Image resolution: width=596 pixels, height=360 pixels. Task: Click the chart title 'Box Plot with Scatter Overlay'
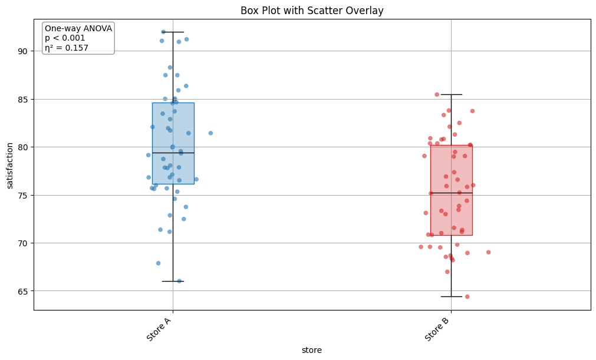pyautogui.click(x=312, y=11)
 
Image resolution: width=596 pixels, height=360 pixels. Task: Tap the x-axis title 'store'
pyautogui.click(x=312, y=350)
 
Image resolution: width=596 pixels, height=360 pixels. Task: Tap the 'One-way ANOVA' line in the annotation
pyautogui.click(x=78, y=28)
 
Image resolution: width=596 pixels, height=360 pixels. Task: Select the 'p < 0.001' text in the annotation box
pyautogui.click(x=65, y=38)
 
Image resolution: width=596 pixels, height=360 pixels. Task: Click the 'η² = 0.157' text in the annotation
pyautogui.click(x=67, y=48)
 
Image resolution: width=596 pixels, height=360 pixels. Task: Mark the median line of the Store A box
pyautogui.click(x=173, y=153)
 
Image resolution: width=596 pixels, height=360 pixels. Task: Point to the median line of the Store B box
pyautogui.click(x=451, y=193)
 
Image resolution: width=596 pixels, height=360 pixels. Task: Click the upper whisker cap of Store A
pyautogui.click(x=173, y=32)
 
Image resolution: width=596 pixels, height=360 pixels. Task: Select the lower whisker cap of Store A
pyautogui.click(x=173, y=281)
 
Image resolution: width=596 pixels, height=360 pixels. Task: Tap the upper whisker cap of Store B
pyautogui.click(x=451, y=94)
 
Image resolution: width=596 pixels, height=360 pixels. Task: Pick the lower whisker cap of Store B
pyautogui.click(x=451, y=296)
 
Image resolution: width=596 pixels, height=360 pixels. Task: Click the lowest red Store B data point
pyautogui.click(x=467, y=296)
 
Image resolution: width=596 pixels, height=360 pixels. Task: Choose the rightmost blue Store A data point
pyautogui.click(x=210, y=133)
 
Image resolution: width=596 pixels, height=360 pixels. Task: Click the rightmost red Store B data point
pyautogui.click(x=488, y=252)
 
